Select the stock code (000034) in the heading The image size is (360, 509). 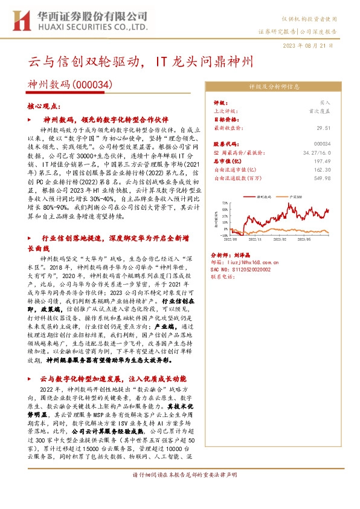pos(93,86)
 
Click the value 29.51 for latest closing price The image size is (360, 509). pos(341,129)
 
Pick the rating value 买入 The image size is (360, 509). pos(343,103)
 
